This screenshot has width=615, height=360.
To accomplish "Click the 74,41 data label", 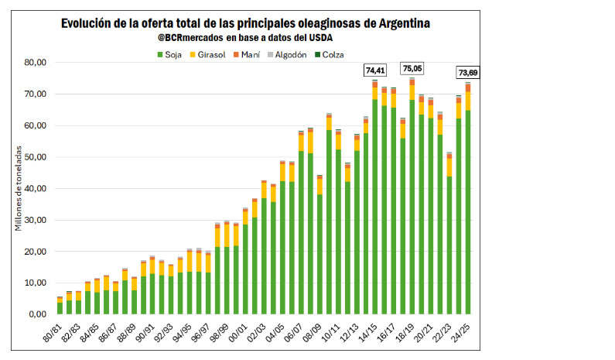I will click(375, 70).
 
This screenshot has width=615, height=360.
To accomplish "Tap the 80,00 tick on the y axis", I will click(36, 63).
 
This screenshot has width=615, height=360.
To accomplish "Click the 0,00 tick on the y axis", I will click(38, 314).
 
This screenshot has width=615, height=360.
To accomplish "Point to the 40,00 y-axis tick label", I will click(36, 189).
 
